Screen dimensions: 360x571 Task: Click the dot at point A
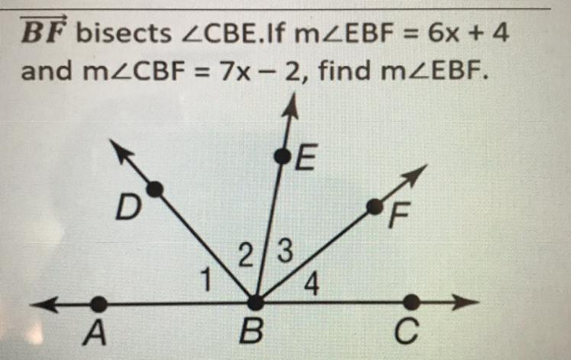(x=98, y=304)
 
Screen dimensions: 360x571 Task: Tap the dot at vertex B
(x=255, y=303)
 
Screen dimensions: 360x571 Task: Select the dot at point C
(x=411, y=303)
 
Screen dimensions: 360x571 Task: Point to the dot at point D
(x=154, y=188)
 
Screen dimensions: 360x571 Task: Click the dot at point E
(x=283, y=156)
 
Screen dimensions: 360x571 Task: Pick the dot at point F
(x=374, y=207)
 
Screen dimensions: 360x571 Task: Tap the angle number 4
(x=311, y=285)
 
